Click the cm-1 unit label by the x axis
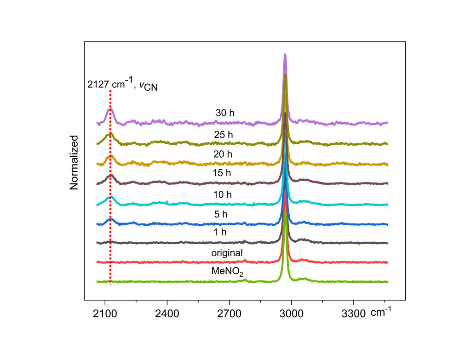point(381,313)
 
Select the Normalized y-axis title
point(74,162)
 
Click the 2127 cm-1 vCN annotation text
point(122,85)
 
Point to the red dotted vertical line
point(110,193)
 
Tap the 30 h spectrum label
point(225,113)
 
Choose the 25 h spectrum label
point(224,135)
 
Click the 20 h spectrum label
point(223,154)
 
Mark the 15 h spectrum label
point(222,173)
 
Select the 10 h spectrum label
point(223,195)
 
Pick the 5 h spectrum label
point(220,214)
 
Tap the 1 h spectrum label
point(220,233)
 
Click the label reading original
point(227,253)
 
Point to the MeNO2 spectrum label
point(227,271)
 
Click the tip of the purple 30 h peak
point(285,55)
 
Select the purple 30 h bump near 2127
point(109,110)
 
